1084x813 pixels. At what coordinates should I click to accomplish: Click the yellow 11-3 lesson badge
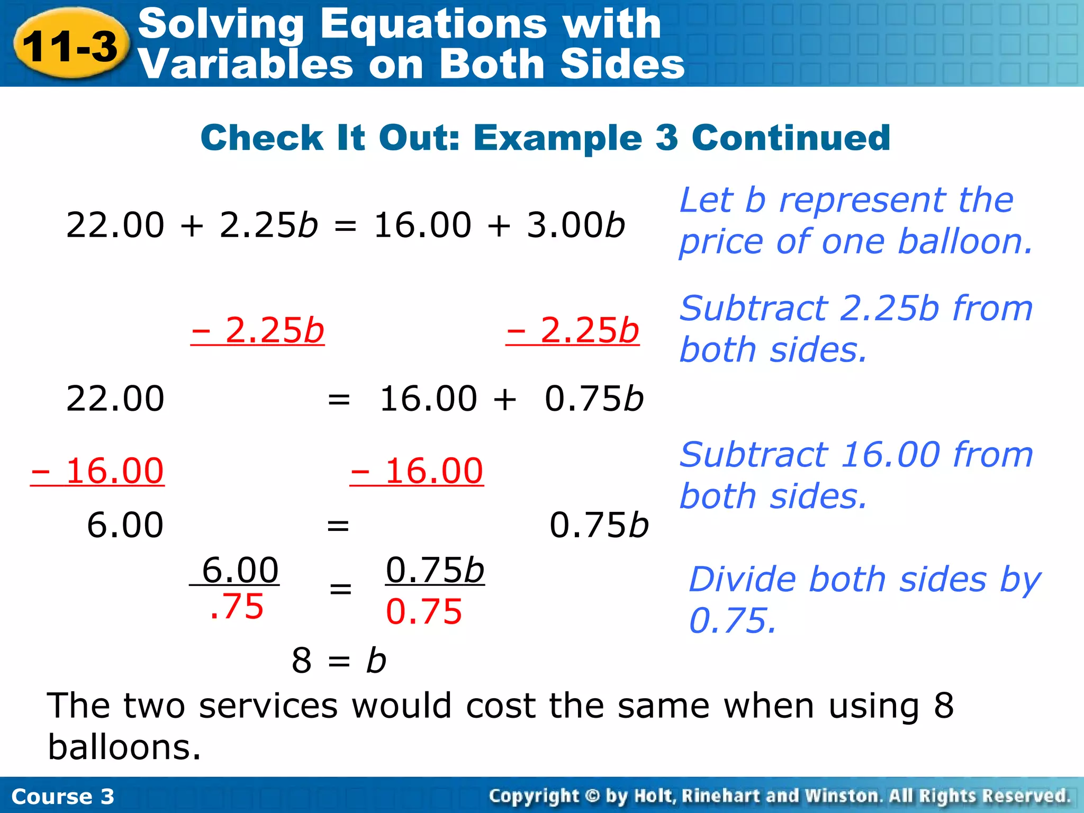click(71, 46)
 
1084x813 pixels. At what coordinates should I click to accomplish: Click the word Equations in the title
click(433, 24)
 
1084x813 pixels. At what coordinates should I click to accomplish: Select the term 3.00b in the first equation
click(576, 225)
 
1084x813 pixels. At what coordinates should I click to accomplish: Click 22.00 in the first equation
click(115, 225)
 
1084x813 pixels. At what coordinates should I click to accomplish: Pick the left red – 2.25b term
click(258, 330)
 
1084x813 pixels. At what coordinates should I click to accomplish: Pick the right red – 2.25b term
click(573, 330)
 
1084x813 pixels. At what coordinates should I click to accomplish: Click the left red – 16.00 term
click(97, 471)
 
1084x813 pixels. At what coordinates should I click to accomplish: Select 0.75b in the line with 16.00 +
click(594, 399)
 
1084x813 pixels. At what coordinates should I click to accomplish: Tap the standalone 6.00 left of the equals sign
click(125, 525)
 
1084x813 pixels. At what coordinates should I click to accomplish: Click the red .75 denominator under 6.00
click(237, 607)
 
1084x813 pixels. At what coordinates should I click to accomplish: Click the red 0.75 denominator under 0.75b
click(424, 612)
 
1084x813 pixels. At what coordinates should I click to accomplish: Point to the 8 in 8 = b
click(302, 661)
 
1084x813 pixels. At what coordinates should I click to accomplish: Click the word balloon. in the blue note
click(965, 242)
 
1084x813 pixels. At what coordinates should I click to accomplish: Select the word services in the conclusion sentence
click(268, 706)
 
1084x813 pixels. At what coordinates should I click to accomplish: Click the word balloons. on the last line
click(124, 747)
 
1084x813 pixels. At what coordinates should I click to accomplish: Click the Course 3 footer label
click(62, 797)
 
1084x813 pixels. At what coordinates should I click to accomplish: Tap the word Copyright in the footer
click(534, 796)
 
